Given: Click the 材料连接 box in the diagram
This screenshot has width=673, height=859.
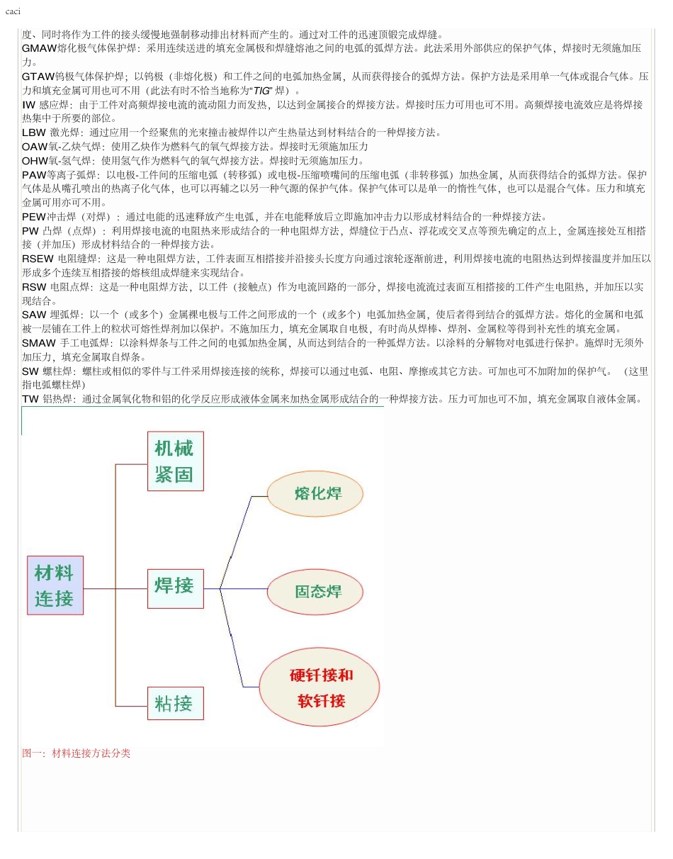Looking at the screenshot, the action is pyautogui.click(x=55, y=585).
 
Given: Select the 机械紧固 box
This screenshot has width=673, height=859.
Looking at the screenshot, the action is pyautogui.click(x=175, y=461).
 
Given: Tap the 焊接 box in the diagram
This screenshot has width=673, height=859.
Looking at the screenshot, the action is pyautogui.click(x=175, y=588).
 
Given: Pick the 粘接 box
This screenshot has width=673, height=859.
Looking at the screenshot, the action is pyautogui.click(x=175, y=703).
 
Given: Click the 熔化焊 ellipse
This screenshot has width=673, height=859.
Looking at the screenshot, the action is pyautogui.click(x=315, y=493).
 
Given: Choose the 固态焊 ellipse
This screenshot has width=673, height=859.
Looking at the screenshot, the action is pyautogui.click(x=315, y=591).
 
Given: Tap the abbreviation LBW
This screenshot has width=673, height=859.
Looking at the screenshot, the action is pyautogui.click(x=33, y=133).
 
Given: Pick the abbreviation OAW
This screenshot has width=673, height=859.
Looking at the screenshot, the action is pyautogui.click(x=34, y=147).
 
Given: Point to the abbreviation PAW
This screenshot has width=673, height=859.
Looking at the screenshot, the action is pyautogui.click(x=34, y=174).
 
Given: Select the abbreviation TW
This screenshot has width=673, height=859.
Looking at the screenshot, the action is pyautogui.click(x=30, y=399).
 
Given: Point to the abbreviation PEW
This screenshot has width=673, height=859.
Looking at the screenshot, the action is pyautogui.click(x=34, y=217).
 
